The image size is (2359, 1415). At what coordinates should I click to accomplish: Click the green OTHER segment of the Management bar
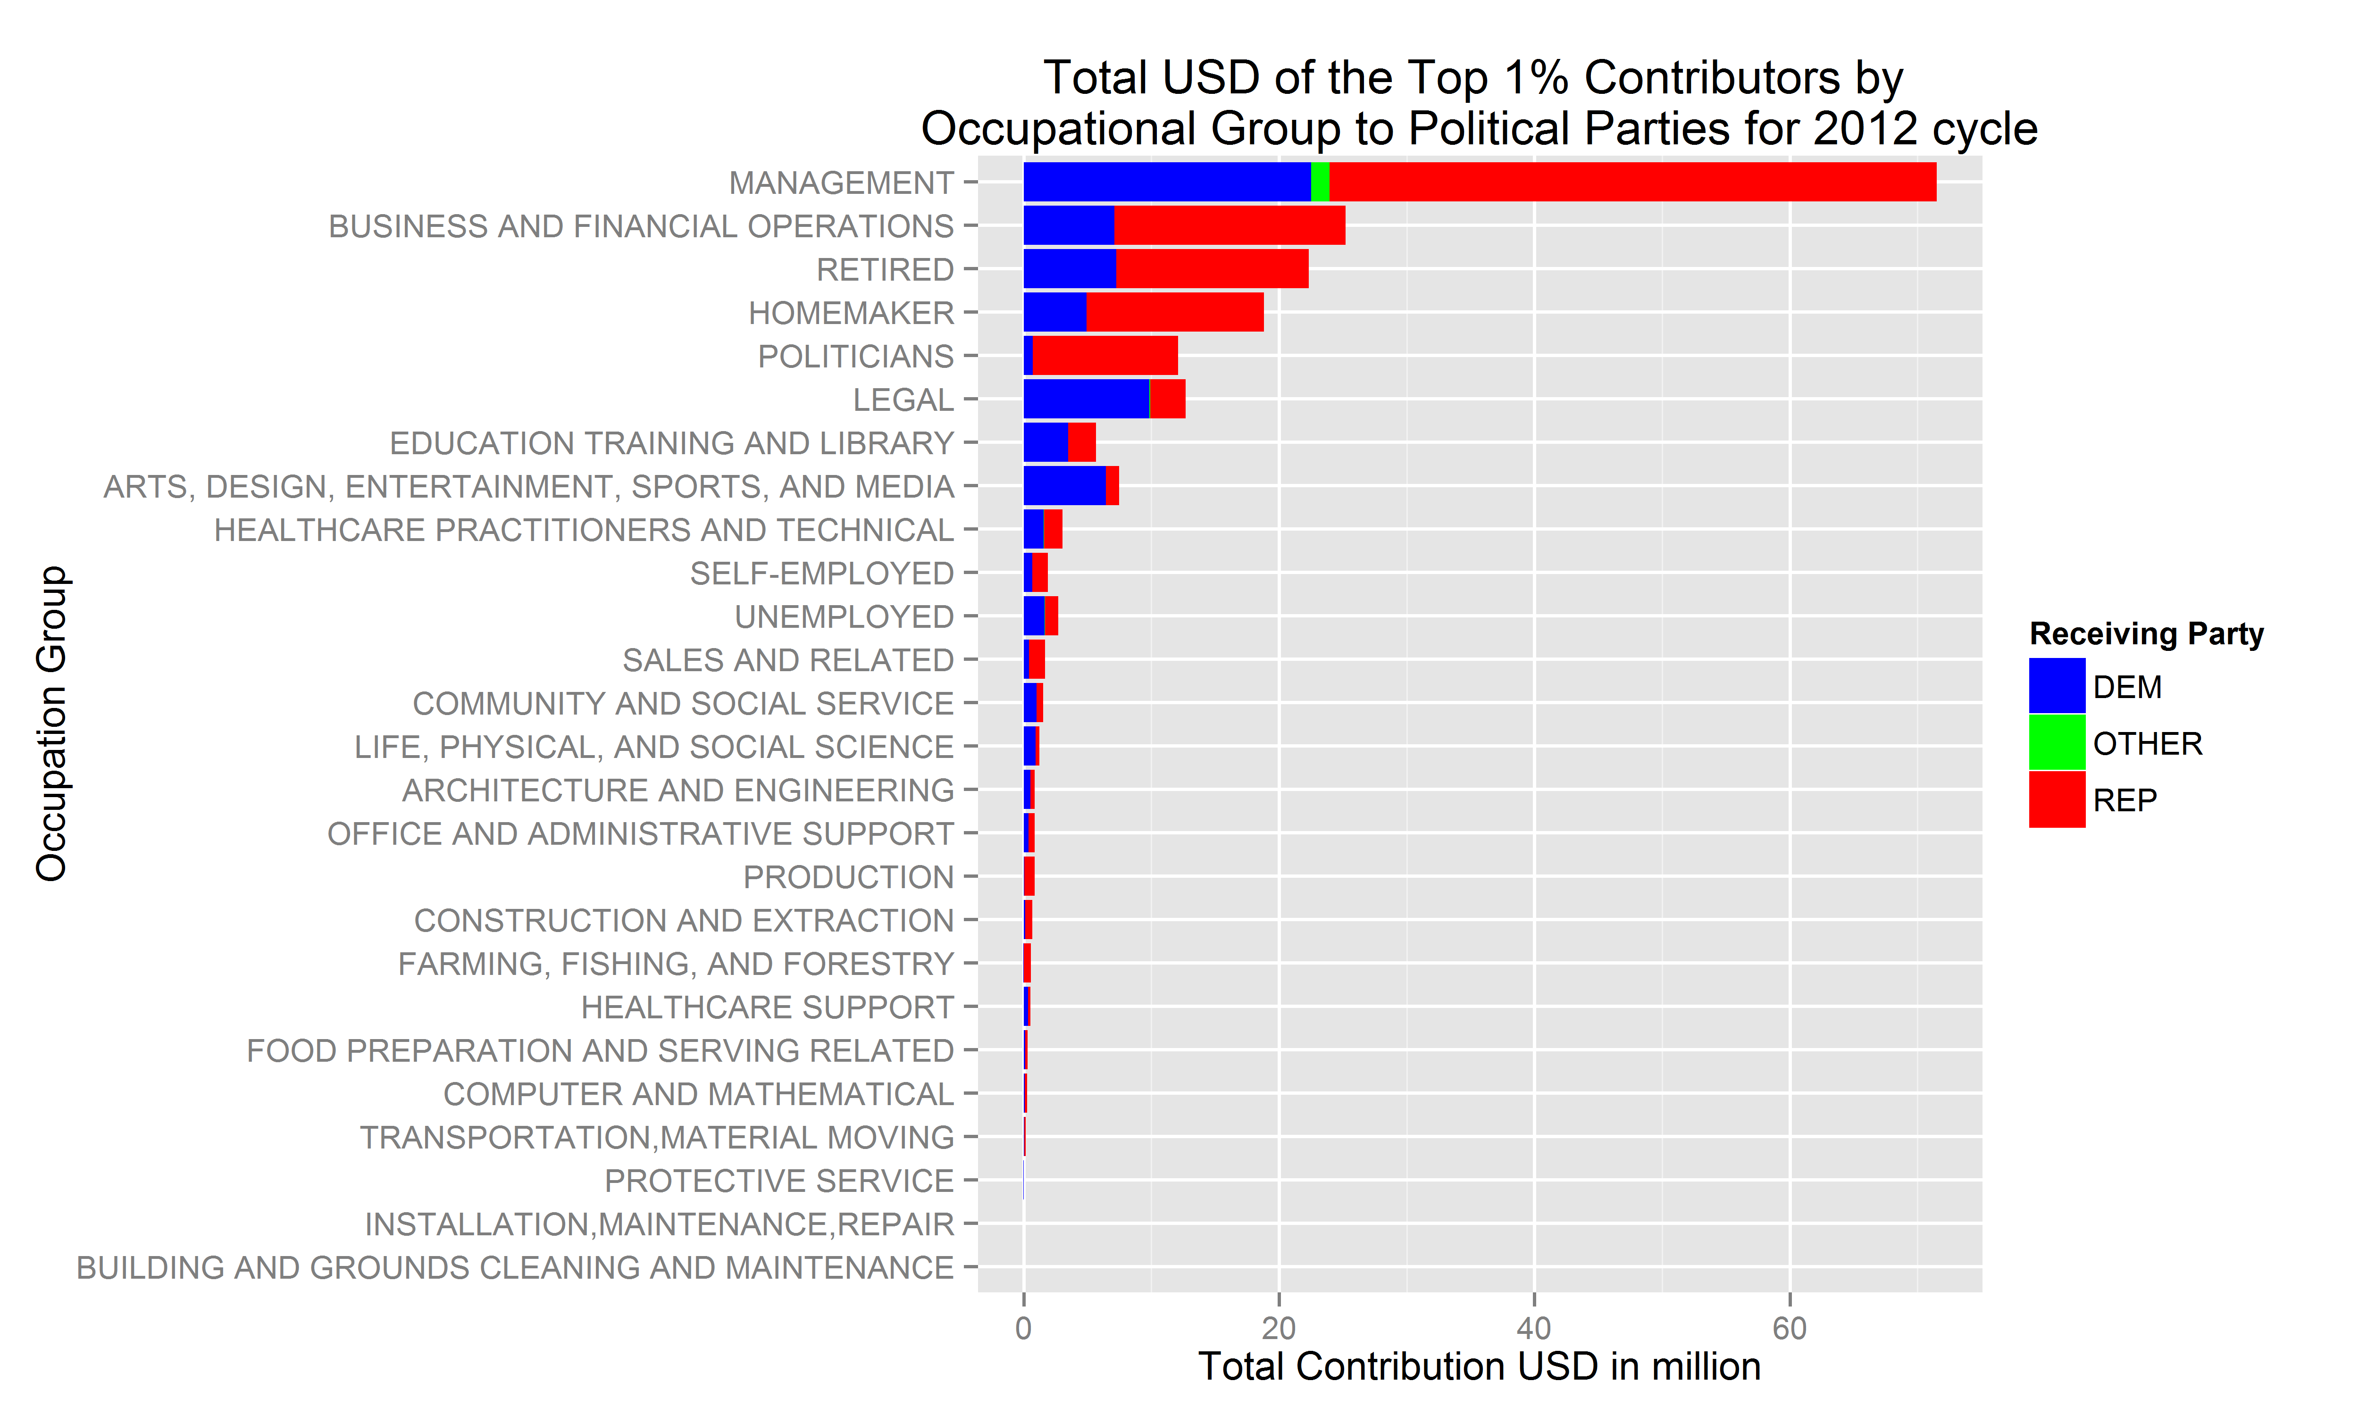(1320, 182)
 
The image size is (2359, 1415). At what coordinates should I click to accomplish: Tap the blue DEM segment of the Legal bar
(1086, 399)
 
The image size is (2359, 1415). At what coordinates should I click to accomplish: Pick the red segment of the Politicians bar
(1105, 356)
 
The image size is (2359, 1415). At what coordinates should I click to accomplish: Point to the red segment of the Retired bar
(1212, 269)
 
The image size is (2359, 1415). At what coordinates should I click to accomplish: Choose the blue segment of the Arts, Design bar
(1064, 485)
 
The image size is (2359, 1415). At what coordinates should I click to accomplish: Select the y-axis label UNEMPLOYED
(844, 617)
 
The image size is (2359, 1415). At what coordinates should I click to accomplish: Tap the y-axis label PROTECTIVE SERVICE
(779, 1181)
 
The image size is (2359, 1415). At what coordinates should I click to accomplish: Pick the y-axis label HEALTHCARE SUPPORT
(768, 1007)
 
